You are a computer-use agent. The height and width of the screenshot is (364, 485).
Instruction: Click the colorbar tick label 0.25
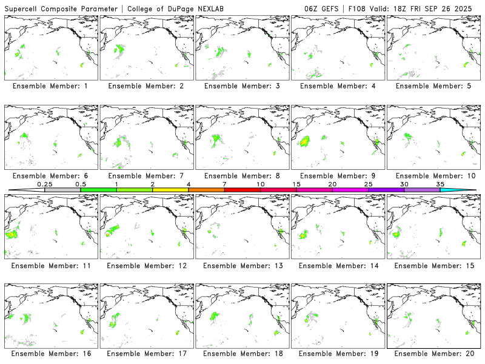pyautogui.click(x=45, y=184)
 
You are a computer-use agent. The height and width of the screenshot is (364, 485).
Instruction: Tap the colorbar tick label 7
pyautogui.click(x=224, y=184)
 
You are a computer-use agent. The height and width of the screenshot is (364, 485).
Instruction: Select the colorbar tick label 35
pyautogui.click(x=440, y=184)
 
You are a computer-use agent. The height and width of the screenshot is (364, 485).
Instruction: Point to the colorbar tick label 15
pyautogui.click(x=296, y=184)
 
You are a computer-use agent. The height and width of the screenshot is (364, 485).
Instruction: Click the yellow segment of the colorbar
pyautogui.click(x=170, y=190)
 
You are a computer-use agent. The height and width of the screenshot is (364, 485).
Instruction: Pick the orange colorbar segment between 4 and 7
pyautogui.click(x=206, y=190)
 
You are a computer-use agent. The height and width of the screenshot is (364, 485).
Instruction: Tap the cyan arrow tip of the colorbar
pyautogui.click(x=467, y=190)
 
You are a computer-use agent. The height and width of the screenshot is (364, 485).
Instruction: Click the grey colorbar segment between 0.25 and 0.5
pyautogui.click(x=62, y=190)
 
